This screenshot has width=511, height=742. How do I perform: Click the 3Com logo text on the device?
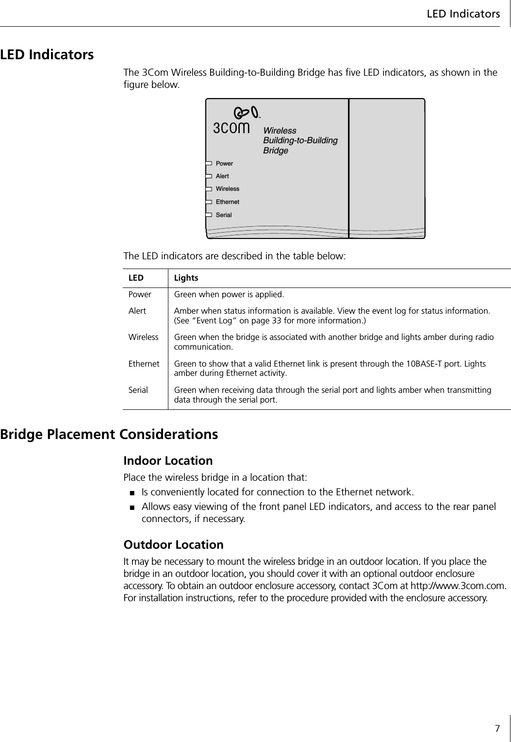coord(231,128)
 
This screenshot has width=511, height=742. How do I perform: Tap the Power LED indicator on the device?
coord(209,164)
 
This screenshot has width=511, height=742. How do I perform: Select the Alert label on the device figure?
coord(222,176)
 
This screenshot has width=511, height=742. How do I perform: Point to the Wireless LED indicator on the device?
coord(209,189)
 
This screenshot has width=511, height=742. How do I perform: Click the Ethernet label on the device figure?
coord(227,202)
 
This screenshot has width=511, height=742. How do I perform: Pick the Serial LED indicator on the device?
coord(209,215)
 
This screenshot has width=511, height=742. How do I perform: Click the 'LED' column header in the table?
coord(136,278)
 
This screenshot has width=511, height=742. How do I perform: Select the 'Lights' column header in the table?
coord(186,278)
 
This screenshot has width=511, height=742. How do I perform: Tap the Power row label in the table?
coord(140,295)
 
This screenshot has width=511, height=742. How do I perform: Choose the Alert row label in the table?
coord(137,311)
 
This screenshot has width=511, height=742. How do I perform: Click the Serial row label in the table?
coord(138,390)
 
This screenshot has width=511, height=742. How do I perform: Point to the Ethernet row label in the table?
coord(144,364)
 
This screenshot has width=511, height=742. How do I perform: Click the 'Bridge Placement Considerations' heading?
coord(109,434)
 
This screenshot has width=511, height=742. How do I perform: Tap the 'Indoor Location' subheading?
coord(168,460)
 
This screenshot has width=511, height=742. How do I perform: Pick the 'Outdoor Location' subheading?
coord(174,545)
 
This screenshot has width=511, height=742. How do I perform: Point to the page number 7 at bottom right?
coord(497,728)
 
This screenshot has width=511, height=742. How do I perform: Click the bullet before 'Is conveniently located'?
coord(132,493)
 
